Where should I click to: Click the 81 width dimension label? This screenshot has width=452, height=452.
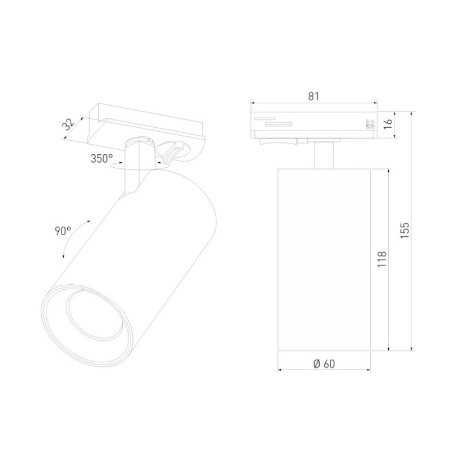click(314, 96)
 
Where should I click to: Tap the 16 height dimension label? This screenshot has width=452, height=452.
click(389, 124)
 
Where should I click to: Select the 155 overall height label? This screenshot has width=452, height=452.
click(405, 230)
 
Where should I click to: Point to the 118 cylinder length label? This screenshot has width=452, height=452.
click(382, 259)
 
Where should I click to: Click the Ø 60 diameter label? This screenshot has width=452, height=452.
click(324, 364)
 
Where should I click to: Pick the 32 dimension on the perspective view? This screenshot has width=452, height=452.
click(68, 124)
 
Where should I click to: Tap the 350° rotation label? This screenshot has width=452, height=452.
click(102, 159)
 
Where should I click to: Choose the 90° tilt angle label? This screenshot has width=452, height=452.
click(63, 231)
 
